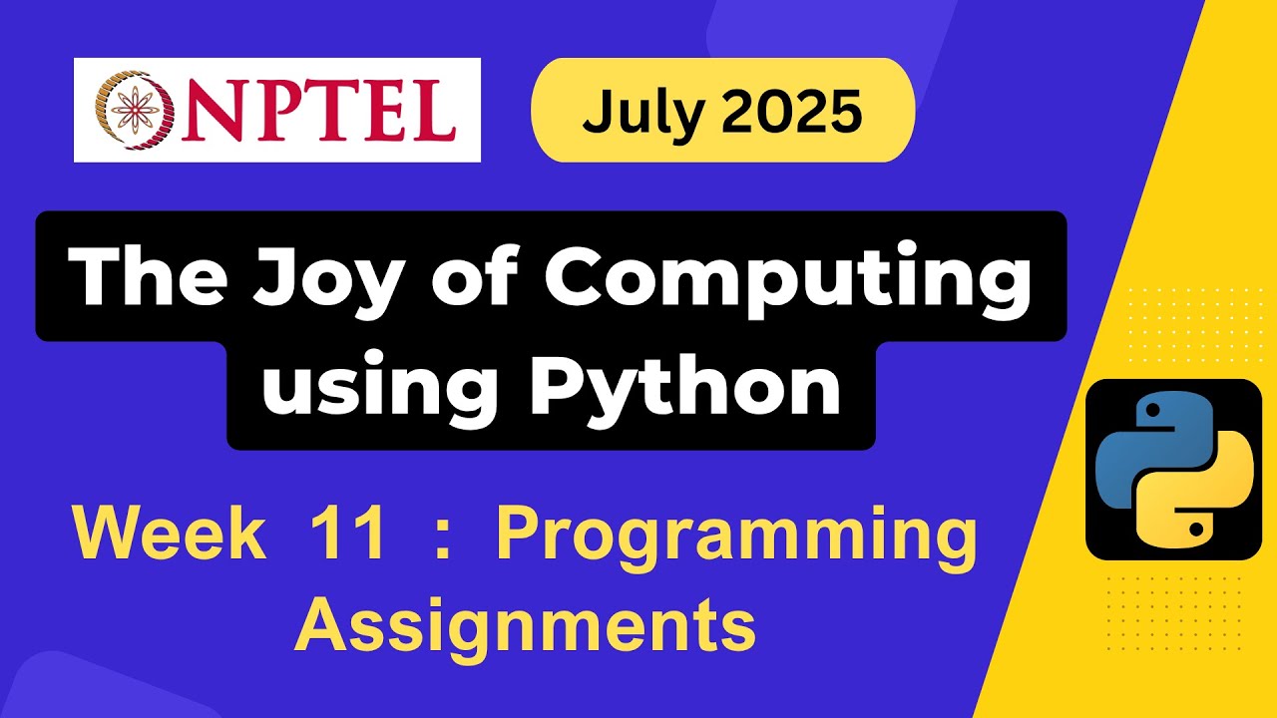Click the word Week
pos(170,536)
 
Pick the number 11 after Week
pos(348,536)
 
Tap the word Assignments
pos(525,625)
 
